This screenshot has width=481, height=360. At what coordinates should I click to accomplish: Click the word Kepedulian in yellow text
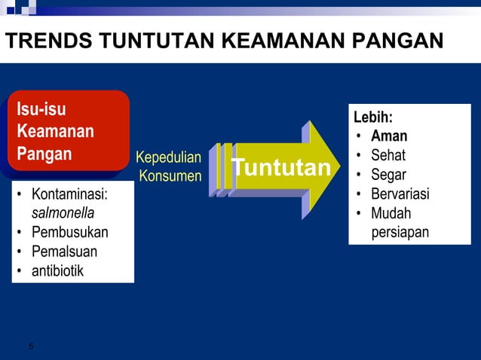coord(168,157)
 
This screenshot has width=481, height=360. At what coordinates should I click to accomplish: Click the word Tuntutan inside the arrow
coord(280,167)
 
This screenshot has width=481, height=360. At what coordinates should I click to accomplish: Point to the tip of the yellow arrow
coord(340,166)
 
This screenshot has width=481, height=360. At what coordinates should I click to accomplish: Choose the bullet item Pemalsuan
coord(64,251)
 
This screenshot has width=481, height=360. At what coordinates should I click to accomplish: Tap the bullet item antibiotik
coord(58,270)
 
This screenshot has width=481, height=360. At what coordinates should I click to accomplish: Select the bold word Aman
coord(389,136)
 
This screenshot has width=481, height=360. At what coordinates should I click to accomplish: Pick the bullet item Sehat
coord(388,156)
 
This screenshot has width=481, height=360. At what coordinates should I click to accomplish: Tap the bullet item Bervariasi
coord(400,194)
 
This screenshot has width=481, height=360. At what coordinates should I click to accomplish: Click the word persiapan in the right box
coord(400,233)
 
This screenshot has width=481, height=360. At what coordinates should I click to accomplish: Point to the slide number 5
coord(31,346)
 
